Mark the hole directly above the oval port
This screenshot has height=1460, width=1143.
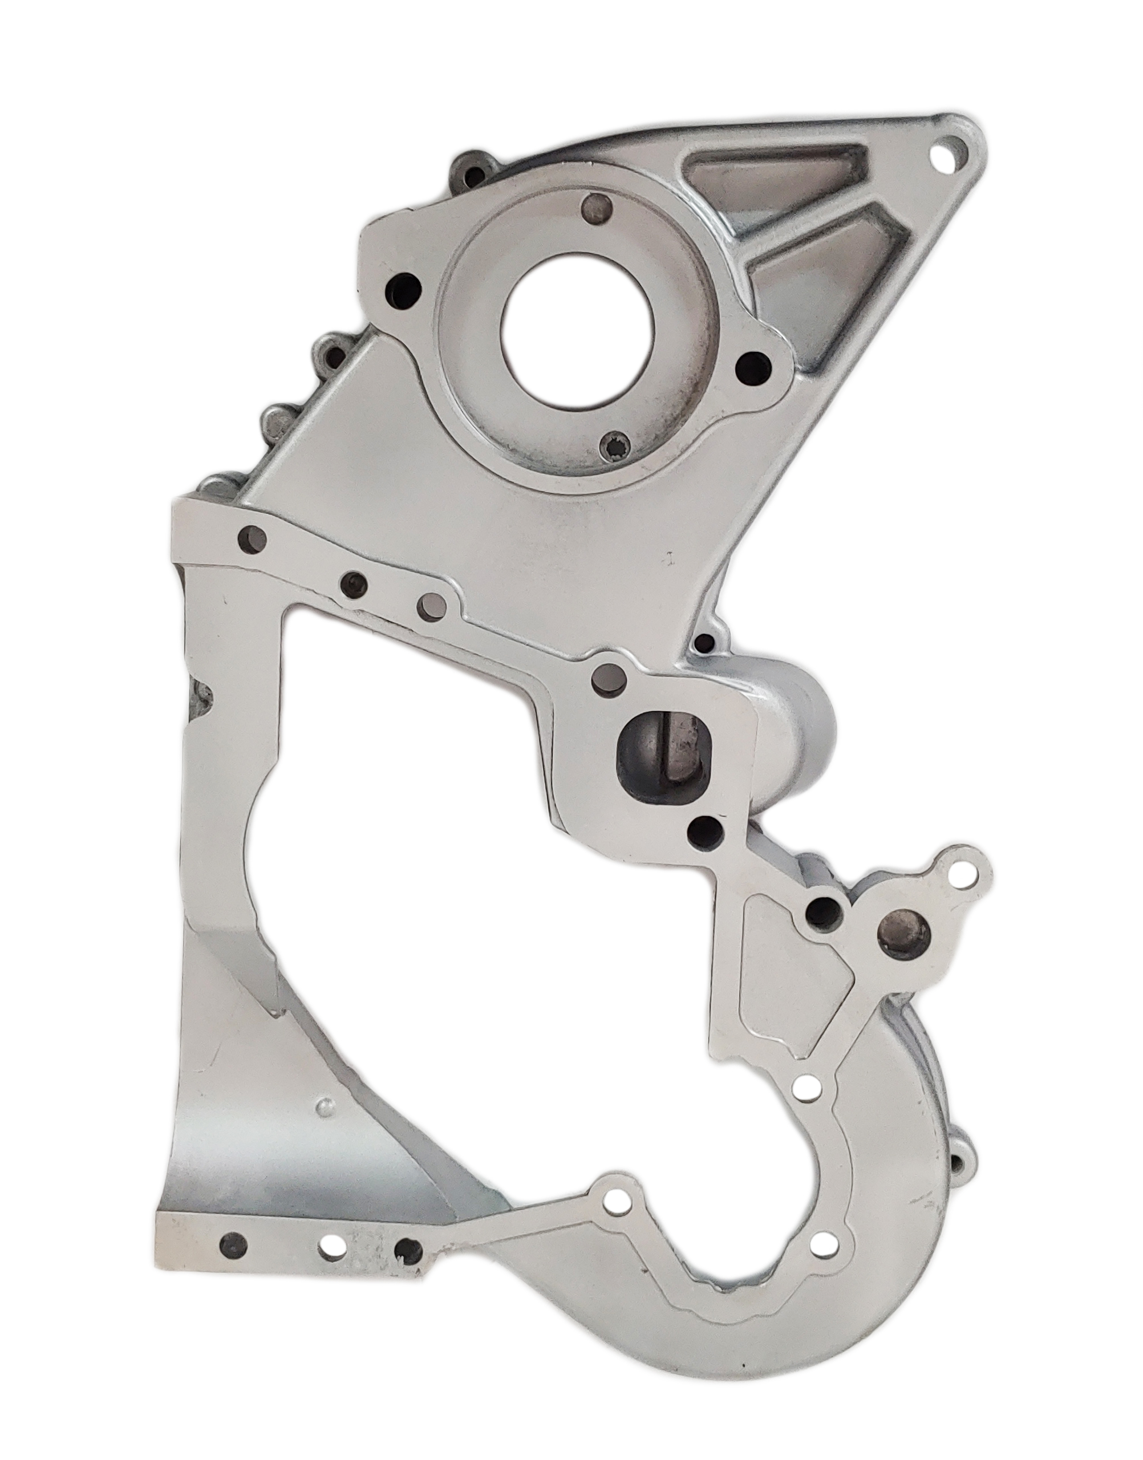click(x=610, y=681)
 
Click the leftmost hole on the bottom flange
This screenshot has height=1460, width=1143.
click(x=233, y=1244)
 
